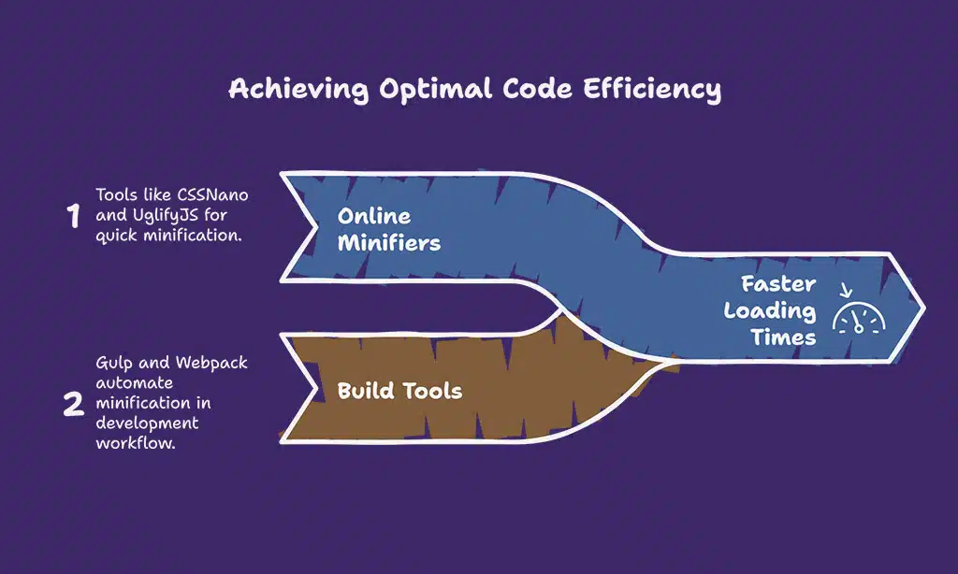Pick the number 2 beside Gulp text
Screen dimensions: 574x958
pyautogui.click(x=73, y=405)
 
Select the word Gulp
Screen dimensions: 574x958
pyautogui.click(x=114, y=362)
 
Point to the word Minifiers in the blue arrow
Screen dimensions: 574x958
pyautogui.click(x=389, y=244)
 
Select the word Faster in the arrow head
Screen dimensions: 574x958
pyautogui.click(x=778, y=284)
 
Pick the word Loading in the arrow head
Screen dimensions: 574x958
pyautogui.click(x=770, y=311)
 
